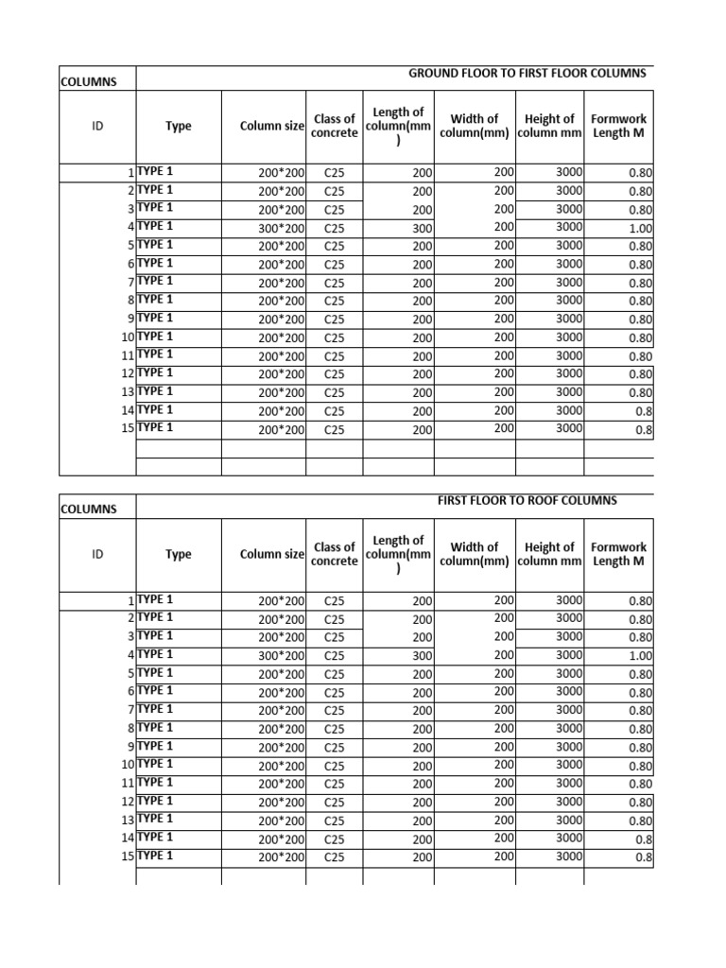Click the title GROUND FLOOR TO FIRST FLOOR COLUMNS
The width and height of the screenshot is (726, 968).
pos(527,74)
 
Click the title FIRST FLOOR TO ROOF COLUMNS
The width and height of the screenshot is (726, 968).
pos(527,500)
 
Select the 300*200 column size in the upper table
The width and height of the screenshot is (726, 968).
pos(282,228)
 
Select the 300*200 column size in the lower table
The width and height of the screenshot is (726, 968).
pos(282,655)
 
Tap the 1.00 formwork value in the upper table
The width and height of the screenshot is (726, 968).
pos(640,228)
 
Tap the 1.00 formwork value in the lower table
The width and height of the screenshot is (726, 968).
pos(640,655)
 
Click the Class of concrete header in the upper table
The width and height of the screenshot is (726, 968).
pos(335,126)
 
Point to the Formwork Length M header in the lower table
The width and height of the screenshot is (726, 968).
pos(618,554)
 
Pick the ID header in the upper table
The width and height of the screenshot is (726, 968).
pos(97,126)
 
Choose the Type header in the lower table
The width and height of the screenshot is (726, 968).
pos(179,555)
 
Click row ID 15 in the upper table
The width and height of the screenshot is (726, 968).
pos(127,428)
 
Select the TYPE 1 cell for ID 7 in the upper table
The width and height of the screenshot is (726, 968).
pos(156,281)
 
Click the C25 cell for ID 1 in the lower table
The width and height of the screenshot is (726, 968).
pos(335,600)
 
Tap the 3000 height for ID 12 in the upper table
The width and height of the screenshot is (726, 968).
pos(569,373)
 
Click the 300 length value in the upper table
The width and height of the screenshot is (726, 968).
pos(422,228)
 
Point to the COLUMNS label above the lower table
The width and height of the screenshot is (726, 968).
pos(89,509)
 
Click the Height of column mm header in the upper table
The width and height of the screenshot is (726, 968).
pos(549,126)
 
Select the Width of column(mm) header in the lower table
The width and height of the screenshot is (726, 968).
pos(474,554)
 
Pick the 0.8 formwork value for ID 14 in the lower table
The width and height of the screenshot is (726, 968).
pos(644,838)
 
